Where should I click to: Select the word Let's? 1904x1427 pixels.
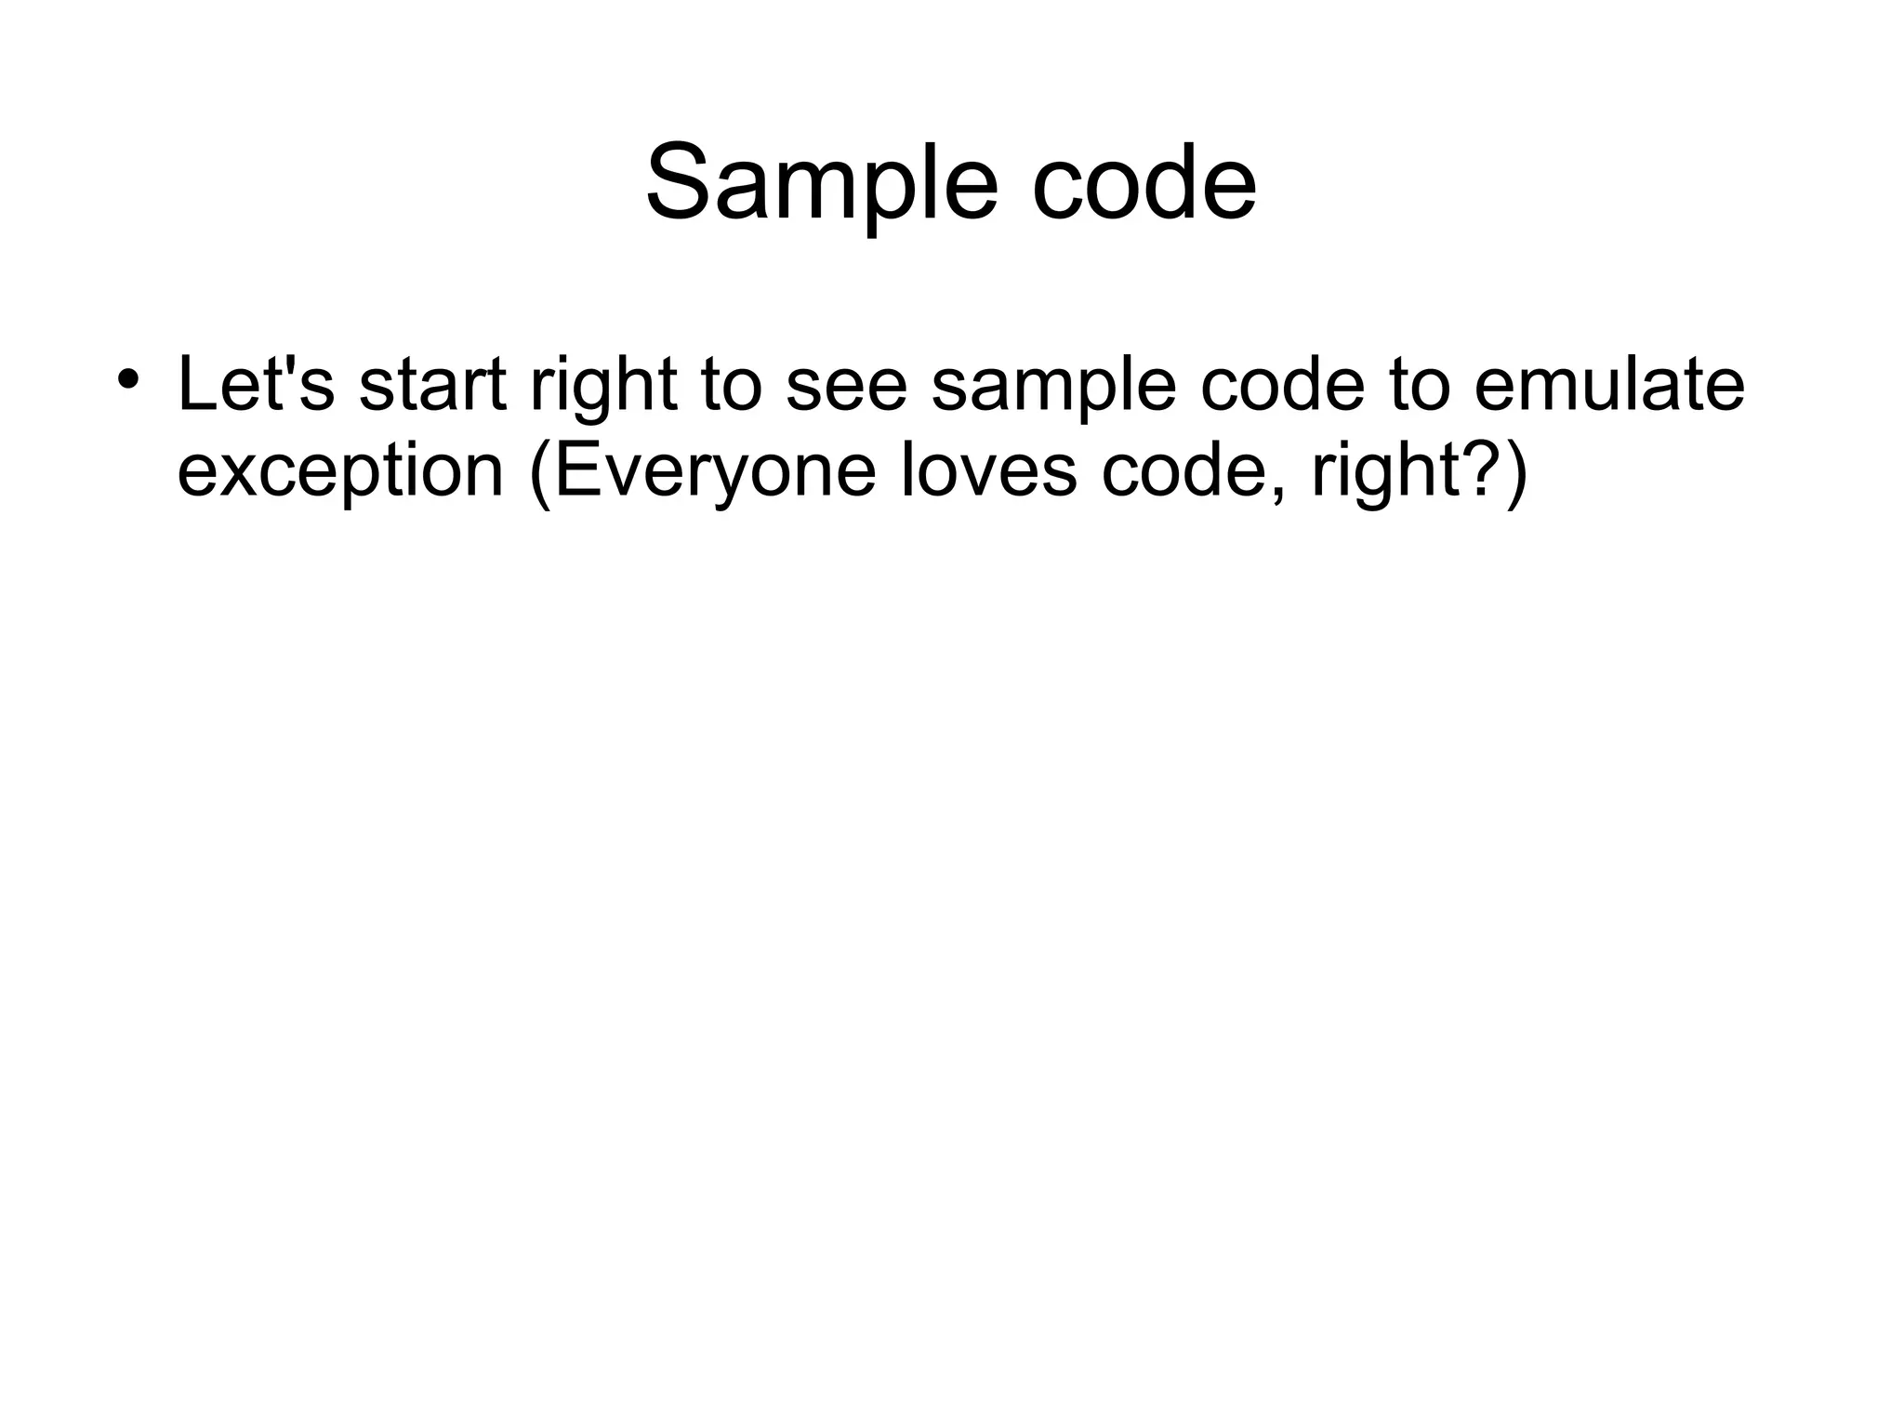255,383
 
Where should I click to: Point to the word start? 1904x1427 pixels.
433,383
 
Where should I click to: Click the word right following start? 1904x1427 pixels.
603,389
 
